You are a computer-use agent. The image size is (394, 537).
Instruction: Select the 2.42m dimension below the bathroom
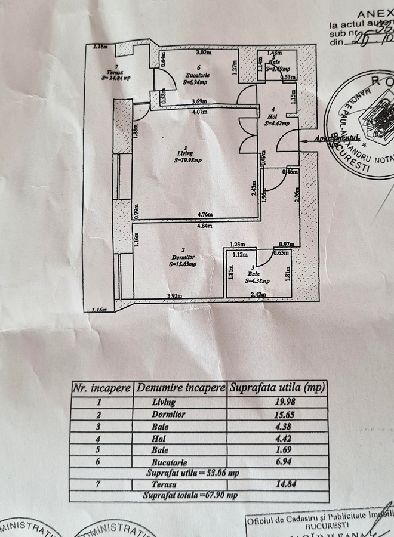point(258,295)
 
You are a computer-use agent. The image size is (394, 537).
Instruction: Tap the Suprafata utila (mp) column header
point(278,388)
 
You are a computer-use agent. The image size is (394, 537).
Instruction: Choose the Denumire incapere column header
point(181,388)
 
